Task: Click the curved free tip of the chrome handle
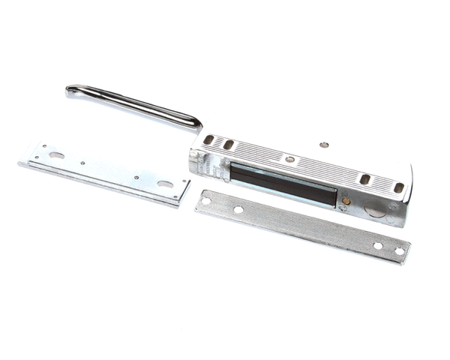coord(70,91)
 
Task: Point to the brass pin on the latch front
coord(346,200)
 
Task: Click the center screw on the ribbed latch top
coord(288,159)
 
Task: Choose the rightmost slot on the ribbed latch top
coord(398,187)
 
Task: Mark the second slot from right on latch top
coord(364,179)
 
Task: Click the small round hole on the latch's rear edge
coord(323,145)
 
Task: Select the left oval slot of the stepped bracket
coord(56,155)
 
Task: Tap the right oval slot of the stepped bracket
coord(164,184)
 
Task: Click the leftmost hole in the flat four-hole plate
coord(205,201)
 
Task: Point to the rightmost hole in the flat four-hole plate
coord(399,250)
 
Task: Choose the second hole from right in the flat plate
coord(377,245)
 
